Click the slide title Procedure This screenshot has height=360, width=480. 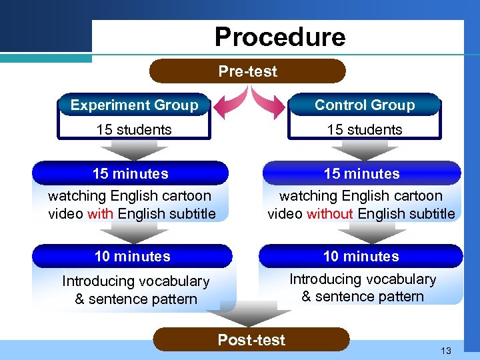tap(280, 37)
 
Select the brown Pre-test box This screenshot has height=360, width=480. tap(247, 71)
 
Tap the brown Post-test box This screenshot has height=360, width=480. tap(251, 340)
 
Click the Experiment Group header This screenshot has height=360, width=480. tap(134, 105)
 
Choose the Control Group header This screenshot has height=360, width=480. tap(365, 105)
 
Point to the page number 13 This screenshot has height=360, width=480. tap(445, 351)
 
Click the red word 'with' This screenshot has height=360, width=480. tap(101, 214)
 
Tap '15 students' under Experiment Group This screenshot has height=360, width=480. tap(134, 129)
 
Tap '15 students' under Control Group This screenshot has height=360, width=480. tap(365, 129)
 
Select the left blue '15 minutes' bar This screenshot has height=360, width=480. tap(130, 173)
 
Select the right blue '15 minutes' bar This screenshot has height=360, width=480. tap(362, 173)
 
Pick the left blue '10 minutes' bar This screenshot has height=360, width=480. tap(132, 256)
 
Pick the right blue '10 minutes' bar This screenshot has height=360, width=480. tap(361, 256)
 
